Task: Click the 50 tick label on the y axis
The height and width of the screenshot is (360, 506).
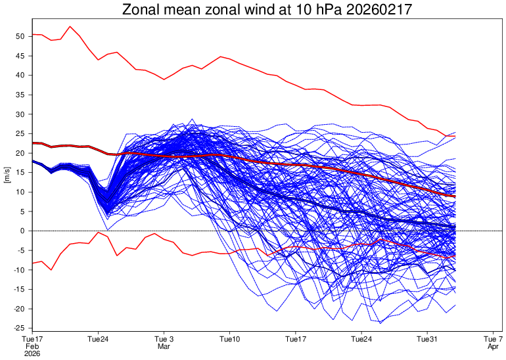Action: click(20, 36)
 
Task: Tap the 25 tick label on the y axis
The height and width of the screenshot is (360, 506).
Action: click(20, 133)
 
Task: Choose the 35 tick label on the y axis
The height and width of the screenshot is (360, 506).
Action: click(20, 95)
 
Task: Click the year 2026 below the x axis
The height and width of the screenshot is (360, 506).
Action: click(32, 353)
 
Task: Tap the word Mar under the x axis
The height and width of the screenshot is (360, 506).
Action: click(164, 347)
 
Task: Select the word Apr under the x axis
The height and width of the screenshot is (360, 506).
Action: click(494, 347)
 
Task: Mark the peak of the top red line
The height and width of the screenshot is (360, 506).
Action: click(70, 26)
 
